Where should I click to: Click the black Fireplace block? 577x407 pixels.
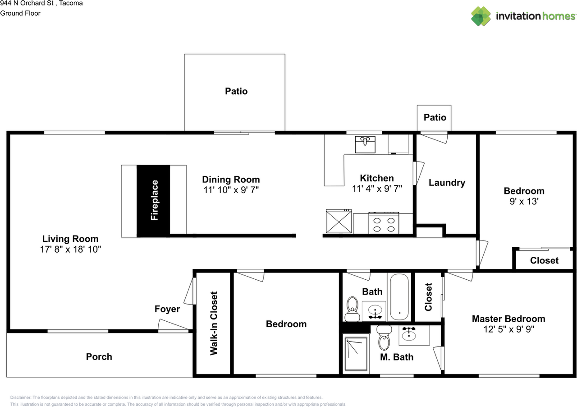tap(153, 200)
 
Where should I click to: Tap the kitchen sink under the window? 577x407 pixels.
tap(365, 144)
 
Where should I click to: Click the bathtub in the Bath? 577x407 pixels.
tap(399, 297)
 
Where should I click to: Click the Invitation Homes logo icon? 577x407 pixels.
tap(481, 16)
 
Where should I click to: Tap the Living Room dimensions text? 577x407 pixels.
tap(70, 249)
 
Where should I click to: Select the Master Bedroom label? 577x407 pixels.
tap(508, 319)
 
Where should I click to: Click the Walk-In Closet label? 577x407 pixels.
tap(214, 323)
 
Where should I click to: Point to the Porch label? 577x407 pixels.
tap(99, 356)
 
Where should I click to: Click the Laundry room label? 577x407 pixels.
tap(447, 183)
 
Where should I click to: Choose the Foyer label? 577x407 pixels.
tap(167, 309)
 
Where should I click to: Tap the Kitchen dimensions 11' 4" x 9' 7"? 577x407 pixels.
tap(377, 188)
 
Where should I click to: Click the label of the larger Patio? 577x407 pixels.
tap(236, 91)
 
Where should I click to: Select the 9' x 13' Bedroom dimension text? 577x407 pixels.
tap(524, 202)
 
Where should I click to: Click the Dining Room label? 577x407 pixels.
tap(231, 180)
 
